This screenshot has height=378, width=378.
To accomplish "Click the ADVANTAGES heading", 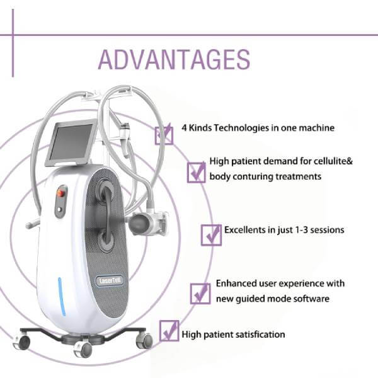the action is coord(174,60).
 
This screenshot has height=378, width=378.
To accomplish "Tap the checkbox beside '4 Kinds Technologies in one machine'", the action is coord(164,135).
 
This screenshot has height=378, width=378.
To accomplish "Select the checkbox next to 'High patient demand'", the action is coord(196,172).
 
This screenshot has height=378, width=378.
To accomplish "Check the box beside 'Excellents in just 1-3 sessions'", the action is coord(211,235).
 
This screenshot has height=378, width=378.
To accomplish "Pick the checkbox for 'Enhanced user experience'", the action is coord(200,293).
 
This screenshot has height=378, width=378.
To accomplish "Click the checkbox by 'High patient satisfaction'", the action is coord(169,331).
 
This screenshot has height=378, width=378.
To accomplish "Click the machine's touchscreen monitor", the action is coord(71,144).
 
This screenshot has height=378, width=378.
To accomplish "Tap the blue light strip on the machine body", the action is coord(62,297).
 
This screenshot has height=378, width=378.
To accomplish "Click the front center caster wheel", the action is coord(83,349).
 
